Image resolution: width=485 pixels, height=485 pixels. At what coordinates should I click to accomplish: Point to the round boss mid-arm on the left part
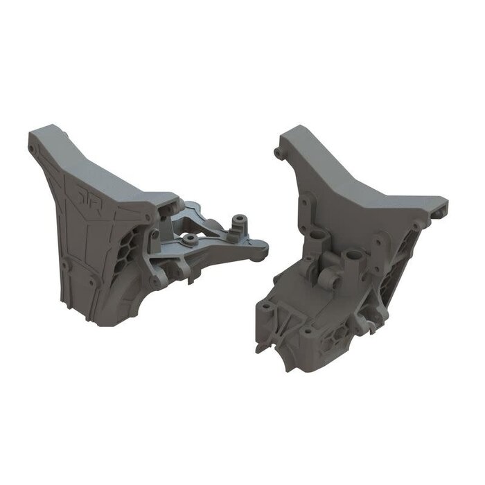188,239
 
